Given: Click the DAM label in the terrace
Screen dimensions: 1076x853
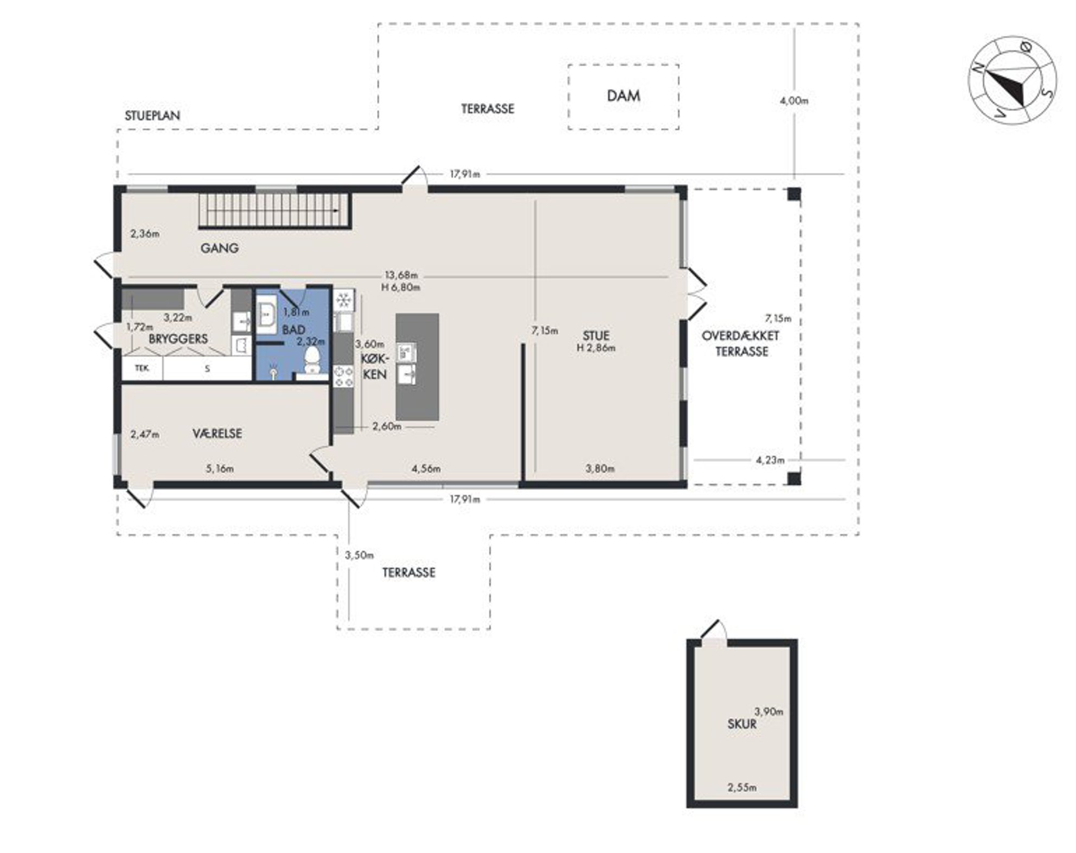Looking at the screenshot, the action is (x=623, y=96).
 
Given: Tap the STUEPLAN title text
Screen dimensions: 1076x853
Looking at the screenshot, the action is (x=152, y=116).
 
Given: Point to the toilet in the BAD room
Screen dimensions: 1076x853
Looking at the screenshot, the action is (x=312, y=360).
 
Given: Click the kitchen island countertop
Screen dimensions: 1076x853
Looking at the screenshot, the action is (x=417, y=367).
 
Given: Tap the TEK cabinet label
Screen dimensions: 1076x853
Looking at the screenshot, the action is (x=142, y=368).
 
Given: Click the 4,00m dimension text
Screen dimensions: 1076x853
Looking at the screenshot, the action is (x=794, y=101).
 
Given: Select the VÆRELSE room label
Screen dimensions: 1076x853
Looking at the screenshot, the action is (x=217, y=434).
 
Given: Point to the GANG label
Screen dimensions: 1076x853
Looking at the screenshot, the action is (x=220, y=248).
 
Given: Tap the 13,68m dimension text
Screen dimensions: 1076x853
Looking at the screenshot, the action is (x=401, y=275).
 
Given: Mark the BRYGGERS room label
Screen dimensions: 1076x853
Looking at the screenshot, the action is (x=178, y=339).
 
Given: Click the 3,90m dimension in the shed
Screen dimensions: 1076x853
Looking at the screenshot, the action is (x=769, y=711).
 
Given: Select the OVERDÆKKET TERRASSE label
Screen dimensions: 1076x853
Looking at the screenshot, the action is (x=741, y=343).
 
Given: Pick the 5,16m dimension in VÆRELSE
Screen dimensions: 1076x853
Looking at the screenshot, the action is (x=220, y=468).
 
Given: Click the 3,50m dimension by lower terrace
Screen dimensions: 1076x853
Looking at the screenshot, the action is (x=359, y=555).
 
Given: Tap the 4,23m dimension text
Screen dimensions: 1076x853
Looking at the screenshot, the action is (x=770, y=460).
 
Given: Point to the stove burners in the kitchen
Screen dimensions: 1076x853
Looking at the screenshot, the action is (x=343, y=377).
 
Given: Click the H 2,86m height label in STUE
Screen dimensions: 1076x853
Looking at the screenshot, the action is (x=596, y=348).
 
